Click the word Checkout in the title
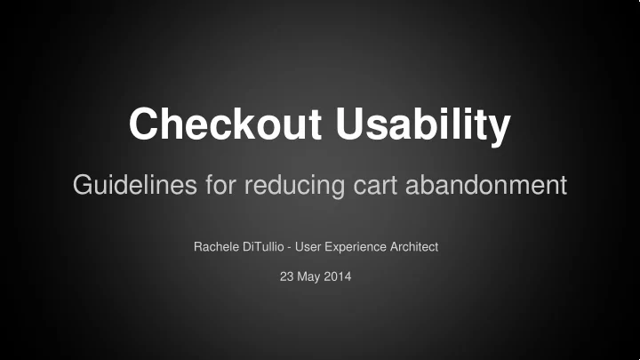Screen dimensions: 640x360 (225, 124)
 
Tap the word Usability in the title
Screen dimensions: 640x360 (423, 125)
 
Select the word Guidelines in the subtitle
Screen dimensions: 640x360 (135, 185)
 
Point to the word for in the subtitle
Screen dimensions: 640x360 (220, 185)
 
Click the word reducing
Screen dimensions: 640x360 (294, 186)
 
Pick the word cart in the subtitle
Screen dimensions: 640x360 (375, 186)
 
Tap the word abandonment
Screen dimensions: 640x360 (486, 185)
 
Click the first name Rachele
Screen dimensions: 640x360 (216, 246)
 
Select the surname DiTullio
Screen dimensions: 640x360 (263, 246)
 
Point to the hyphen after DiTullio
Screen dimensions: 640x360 (290, 248)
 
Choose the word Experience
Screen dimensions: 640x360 (356, 247)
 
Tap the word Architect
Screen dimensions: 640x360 (414, 246)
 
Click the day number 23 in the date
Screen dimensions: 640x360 (286, 276)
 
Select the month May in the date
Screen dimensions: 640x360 (308, 277)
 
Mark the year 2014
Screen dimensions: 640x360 (338, 276)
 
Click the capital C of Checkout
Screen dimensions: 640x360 (144, 124)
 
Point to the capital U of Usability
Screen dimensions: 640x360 (350, 124)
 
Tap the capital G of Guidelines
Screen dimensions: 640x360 (83, 185)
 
